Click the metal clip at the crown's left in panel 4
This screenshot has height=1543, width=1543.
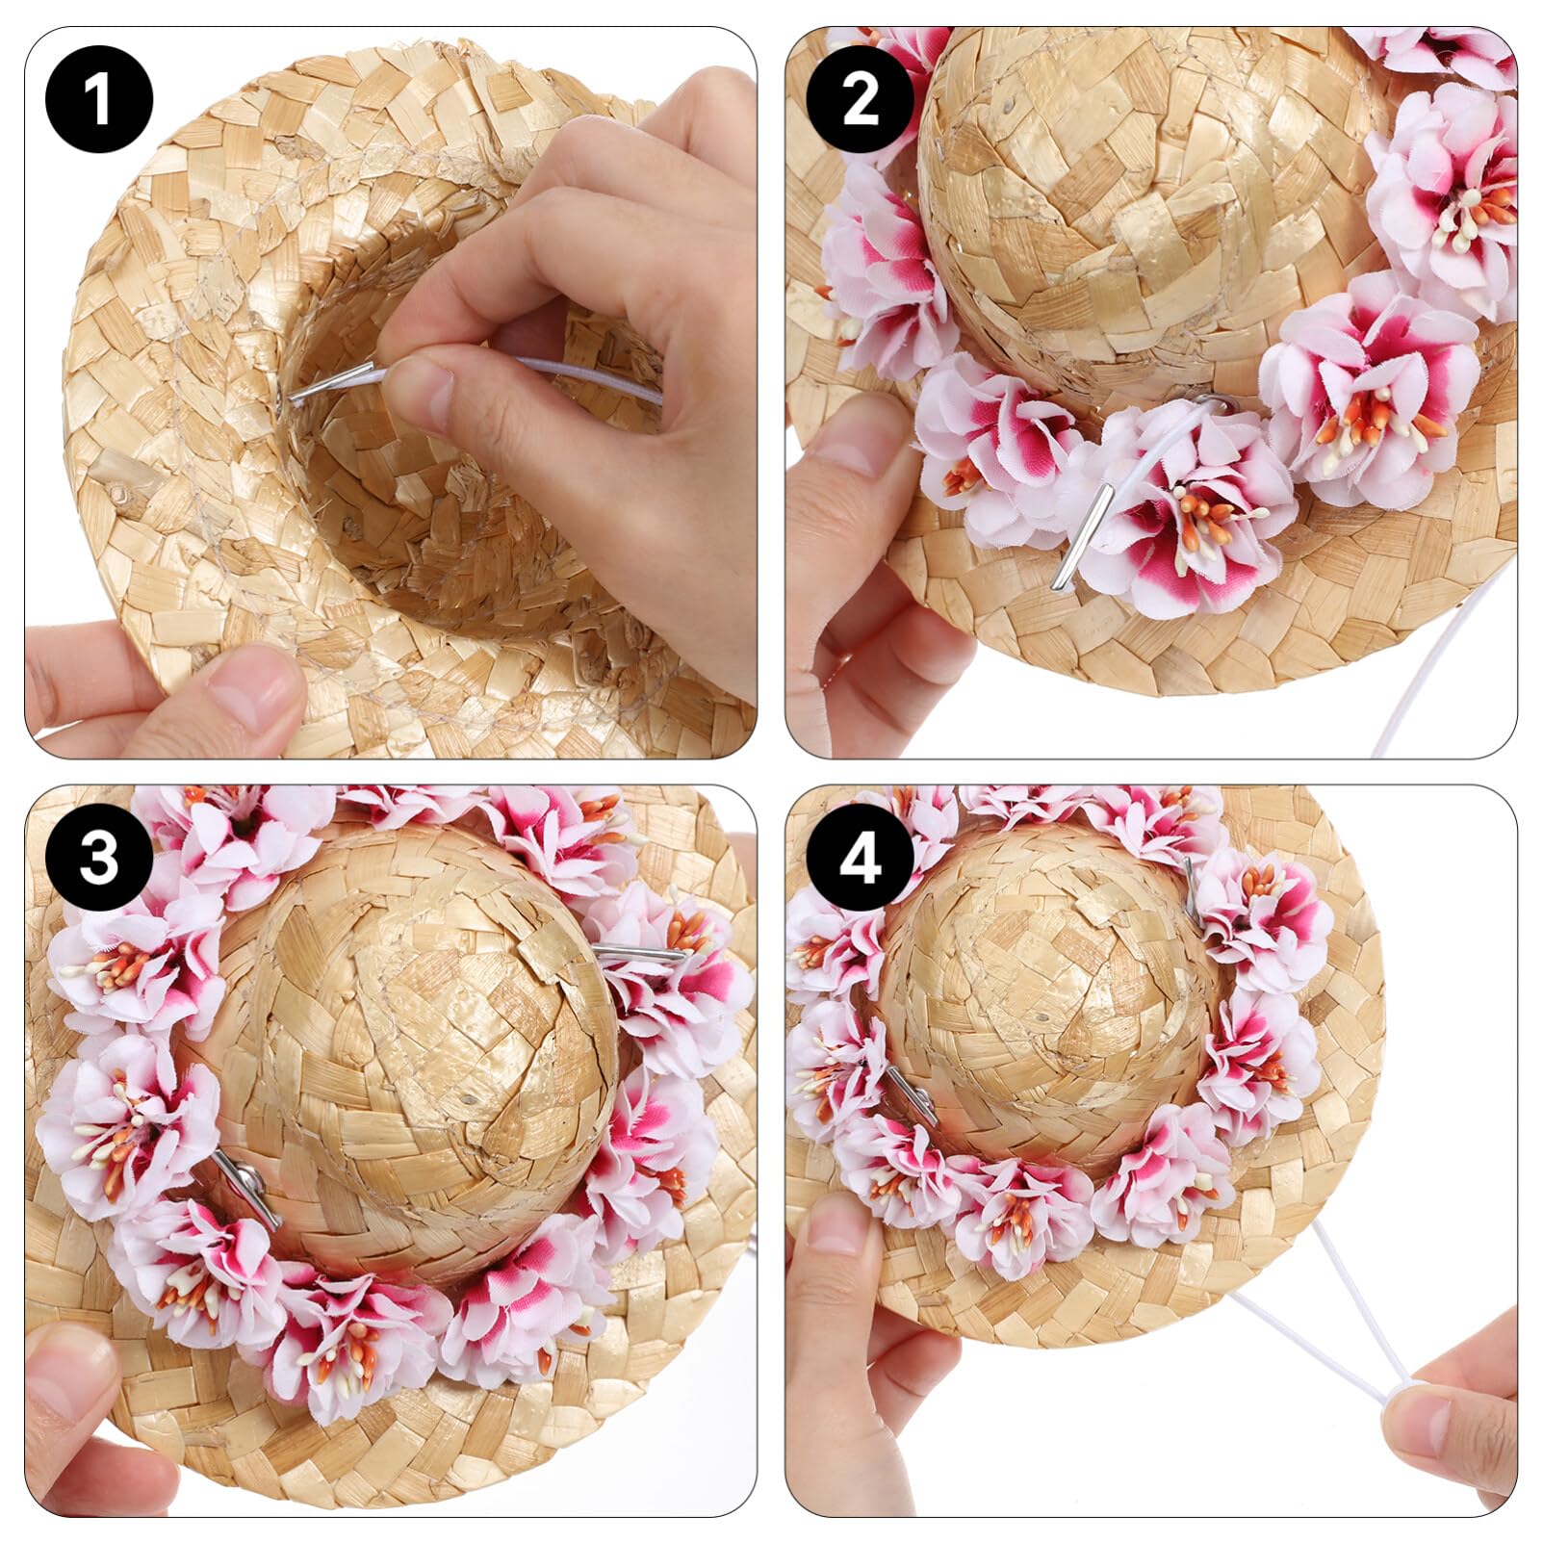(910, 1097)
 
